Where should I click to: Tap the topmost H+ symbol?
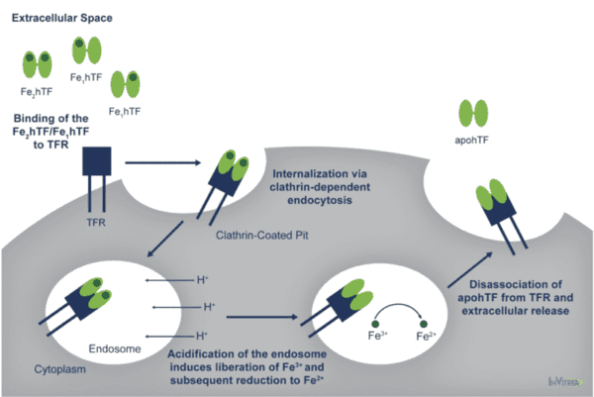(202, 280)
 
